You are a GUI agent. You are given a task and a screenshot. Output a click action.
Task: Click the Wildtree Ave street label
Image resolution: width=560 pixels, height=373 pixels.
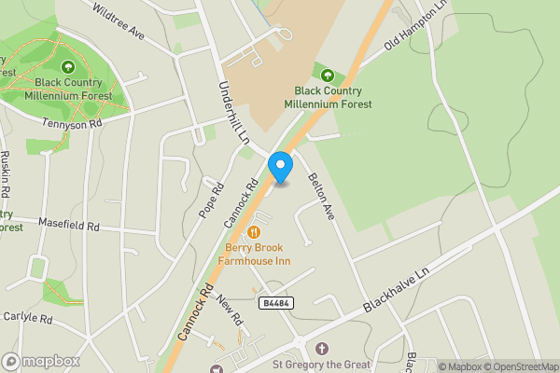click(119, 20)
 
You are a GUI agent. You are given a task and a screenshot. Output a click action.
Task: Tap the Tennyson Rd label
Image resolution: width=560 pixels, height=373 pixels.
click(71, 123)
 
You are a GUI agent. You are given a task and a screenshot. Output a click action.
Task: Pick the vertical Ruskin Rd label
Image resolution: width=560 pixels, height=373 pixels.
click(7, 173)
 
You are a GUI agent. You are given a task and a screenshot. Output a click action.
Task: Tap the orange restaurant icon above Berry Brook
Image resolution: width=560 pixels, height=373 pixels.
click(255, 230)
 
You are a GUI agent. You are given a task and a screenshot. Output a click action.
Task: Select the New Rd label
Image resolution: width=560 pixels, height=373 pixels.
click(230, 311)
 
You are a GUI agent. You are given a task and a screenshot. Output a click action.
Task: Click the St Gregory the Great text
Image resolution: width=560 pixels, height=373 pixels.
click(321, 365)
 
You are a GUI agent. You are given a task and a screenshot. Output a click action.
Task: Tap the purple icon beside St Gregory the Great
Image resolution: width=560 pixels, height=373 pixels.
click(322, 348)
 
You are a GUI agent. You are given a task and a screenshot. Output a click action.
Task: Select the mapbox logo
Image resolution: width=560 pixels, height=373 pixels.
click(41, 361)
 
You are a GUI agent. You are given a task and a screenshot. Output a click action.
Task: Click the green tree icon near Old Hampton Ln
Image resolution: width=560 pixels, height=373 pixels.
click(327, 75)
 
